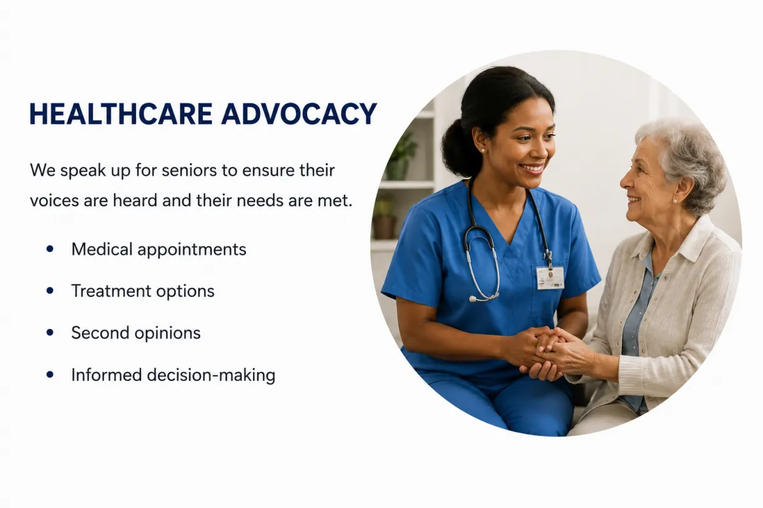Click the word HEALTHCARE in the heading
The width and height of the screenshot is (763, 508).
tap(121, 114)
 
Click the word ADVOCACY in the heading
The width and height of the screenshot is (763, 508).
tap(299, 114)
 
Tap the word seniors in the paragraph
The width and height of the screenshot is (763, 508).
tap(189, 170)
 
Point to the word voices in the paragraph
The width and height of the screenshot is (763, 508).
tap(54, 201)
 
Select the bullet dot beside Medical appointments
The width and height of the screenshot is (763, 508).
tap(50, 249)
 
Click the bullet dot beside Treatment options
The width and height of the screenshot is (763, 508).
tap(50, 291)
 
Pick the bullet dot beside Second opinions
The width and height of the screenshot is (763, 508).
tap(50, 333)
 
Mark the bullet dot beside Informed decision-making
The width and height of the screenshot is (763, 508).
tap(50, 375)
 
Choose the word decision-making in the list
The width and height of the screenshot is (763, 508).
tap(211, 375)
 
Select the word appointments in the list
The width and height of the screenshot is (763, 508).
tap(192, 250)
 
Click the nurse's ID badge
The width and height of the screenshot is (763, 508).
tap(550, 277)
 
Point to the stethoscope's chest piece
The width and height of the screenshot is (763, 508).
tap(473, 299)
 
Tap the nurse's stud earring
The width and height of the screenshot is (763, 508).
tap(483, 150)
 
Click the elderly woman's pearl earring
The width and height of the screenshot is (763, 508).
tap(675, 201)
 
